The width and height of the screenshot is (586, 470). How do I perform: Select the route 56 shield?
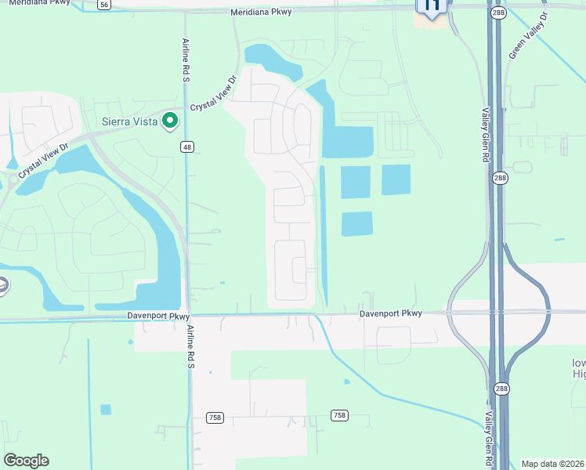(104, 5)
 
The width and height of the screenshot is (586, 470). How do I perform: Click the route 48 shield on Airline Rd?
(186, 146)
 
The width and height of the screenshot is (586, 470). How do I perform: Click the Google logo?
(27, 461)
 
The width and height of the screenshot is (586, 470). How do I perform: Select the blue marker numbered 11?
(431, 6)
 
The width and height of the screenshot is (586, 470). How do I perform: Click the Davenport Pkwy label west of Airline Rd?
(158, 316)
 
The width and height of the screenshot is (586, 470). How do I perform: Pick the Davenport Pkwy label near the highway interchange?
(391, 313)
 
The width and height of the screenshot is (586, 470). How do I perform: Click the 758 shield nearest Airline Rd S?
(215, 418)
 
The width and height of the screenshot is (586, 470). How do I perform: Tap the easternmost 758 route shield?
(339, 415)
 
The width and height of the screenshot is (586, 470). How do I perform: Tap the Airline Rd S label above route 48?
(186, 57)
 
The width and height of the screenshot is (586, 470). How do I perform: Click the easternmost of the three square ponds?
(396, 180)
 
